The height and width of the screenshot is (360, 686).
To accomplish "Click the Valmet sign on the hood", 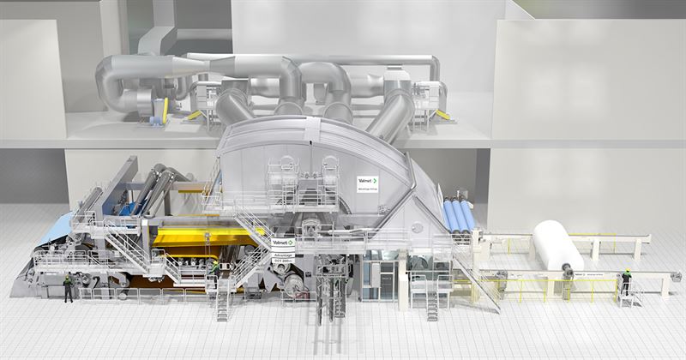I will pyautogui.click(x=367, y=183).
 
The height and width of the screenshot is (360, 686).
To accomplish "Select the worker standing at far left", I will pyautogui.click(x=68, y=288).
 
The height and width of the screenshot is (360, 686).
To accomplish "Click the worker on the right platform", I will pyautogui.click(x=625, y=280).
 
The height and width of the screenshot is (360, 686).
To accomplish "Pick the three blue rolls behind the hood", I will pyautogui.click(x=458, y=216).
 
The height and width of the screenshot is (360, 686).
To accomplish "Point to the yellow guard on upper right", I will pyautogui.click(x=442, y=114).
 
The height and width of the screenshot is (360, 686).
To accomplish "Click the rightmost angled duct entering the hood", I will pyautogui.click(x=392, y=116).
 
